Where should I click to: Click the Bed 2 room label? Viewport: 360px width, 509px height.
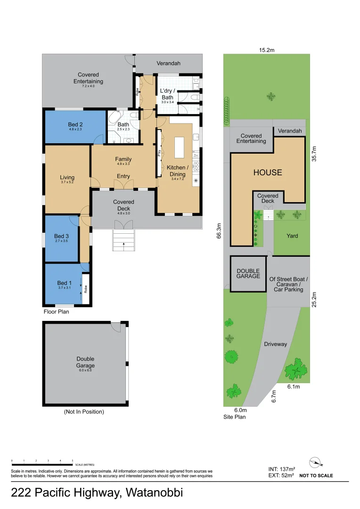75,125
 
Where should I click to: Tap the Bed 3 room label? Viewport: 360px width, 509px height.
62,236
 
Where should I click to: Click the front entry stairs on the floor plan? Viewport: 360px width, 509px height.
123,240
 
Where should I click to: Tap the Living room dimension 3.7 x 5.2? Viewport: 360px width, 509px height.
67,182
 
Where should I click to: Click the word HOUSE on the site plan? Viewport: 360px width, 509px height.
268,172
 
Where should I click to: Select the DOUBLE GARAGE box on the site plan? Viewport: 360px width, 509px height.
248,273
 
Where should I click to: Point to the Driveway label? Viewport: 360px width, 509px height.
275,344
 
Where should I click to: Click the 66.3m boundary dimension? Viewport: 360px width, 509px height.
219,231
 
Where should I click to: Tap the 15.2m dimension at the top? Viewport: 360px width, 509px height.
267,49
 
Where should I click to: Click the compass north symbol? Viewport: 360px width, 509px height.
316,462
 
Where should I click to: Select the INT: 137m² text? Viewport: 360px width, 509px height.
281,469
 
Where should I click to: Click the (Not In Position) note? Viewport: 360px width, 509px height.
84,411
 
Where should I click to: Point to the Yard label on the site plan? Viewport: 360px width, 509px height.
292,236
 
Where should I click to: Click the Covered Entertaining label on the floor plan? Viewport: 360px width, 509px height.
88,78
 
